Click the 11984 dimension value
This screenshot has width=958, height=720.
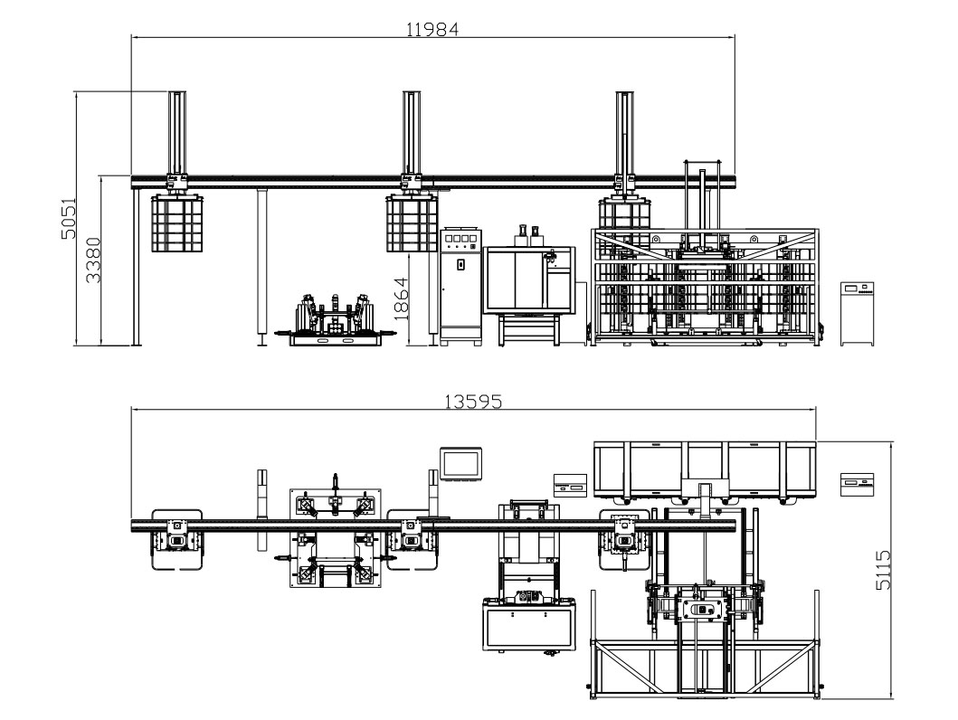click(432, 28)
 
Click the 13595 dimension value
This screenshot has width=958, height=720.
click(472, 401)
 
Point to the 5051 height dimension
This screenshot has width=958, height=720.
click(68, 218)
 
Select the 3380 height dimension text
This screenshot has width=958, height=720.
click(93, 261)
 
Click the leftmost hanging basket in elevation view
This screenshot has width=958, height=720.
click(175, 223)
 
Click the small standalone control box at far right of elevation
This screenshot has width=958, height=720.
click(856, 313)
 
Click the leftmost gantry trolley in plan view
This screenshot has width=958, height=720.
click(176, 540)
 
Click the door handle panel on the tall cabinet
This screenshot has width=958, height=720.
click(460, 265)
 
